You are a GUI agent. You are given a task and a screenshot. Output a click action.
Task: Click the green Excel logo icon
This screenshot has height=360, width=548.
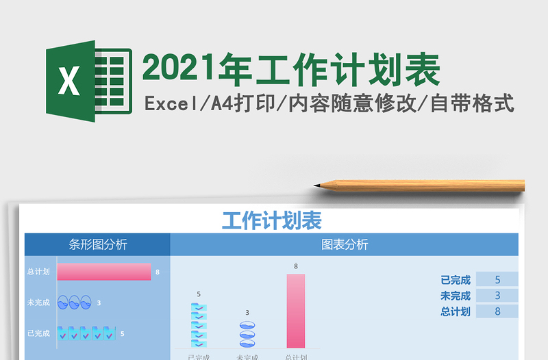coord(88,81)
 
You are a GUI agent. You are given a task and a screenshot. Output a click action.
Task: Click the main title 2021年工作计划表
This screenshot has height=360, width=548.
coord(290,70)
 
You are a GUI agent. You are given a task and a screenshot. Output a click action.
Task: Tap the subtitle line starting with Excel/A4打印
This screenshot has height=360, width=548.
coord(329,104)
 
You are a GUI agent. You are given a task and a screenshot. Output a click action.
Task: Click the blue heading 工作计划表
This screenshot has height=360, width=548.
coord(272,220)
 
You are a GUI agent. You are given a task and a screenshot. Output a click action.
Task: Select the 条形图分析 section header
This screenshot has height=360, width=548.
coord(98,244)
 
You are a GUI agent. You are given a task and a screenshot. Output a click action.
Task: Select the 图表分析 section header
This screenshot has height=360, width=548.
coord(345,244)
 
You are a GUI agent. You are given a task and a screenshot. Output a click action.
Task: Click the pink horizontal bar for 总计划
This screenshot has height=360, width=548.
coord(103,272)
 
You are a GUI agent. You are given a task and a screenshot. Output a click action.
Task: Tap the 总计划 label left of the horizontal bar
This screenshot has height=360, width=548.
coord(38,272)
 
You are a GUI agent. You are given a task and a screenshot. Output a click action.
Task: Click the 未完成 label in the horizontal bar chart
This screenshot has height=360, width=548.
coord(38,303)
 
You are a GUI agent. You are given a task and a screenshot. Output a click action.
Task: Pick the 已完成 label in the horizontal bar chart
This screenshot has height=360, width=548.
coord(38,333)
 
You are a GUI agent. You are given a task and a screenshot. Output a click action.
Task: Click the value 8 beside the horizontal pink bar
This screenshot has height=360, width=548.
coord(158,272)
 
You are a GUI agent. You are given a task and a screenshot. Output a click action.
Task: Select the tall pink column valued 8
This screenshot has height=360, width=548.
coord(296,311)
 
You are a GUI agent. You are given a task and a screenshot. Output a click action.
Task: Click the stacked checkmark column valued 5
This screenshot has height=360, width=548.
coord(199,325)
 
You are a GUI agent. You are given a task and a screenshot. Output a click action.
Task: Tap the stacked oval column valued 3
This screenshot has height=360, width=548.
coord(247,333)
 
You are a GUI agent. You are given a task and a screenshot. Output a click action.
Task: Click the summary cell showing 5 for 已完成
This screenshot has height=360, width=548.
coord(497,279)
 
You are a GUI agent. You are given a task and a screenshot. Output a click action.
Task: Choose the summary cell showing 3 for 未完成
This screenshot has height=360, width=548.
coord(497,296)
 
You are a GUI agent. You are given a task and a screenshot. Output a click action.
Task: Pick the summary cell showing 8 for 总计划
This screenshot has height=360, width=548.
coord(497,311)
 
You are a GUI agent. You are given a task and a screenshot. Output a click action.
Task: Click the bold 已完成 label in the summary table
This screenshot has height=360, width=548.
coord(456,279)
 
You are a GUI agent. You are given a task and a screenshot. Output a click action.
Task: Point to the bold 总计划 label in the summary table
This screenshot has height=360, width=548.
coord(456,311)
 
